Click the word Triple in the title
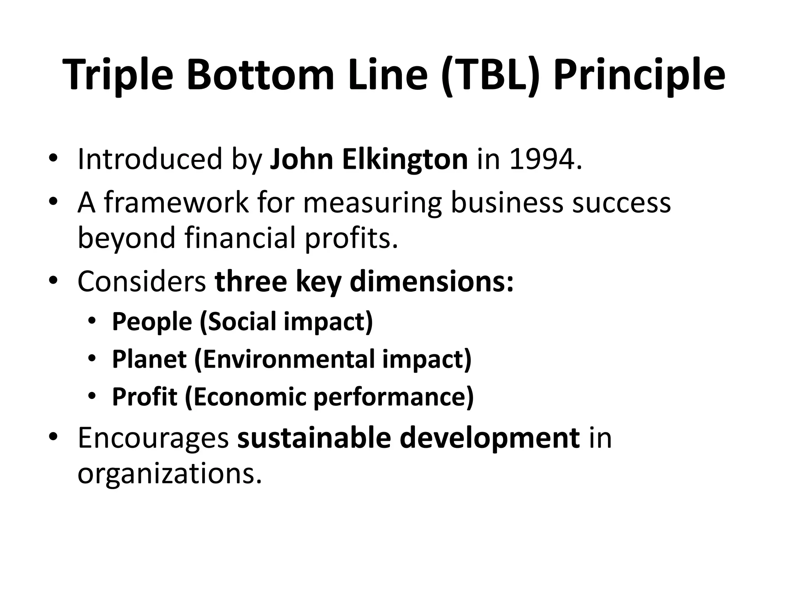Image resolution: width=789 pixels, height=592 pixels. click(x=120, y=76)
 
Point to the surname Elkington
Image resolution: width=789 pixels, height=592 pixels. click(x=405, y=159)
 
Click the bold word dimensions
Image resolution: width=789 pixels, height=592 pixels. click(x=431, y=281)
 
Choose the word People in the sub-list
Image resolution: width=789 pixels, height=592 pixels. click(x=152, y=321)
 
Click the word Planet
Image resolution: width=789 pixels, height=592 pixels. click(x=149, y=359)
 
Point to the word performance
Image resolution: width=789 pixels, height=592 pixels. click(x=393, y=397)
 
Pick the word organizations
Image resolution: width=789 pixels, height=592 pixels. click(x=170, y=473)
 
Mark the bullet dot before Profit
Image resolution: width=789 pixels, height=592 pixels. click(x=91, y=397)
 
